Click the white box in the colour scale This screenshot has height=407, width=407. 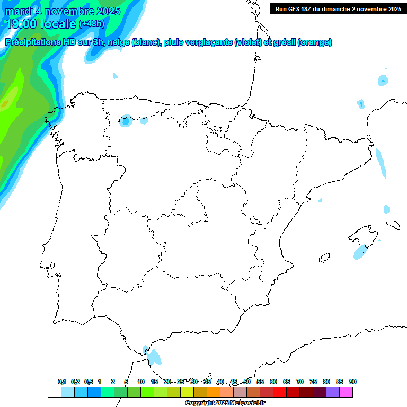coord(54,393)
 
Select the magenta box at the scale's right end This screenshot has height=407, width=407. coord(347,393)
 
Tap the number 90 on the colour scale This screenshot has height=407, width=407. coord(353,382)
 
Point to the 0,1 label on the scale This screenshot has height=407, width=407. coord(62,382)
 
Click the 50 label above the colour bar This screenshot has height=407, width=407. coord(247,382)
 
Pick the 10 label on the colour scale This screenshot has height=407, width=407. coord(141,382)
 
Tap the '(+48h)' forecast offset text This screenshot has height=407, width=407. coord(92,24)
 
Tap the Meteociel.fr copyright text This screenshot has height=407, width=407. coord(225,403)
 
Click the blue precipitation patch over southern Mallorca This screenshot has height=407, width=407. coord(361,252)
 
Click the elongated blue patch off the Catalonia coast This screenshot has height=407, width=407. coord(381,163)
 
